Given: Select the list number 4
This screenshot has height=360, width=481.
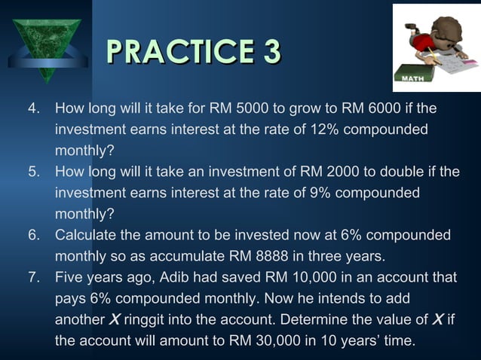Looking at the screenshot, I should point(33,109).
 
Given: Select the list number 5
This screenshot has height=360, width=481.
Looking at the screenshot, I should point(33,172).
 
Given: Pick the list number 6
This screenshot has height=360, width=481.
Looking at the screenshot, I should point(33,235).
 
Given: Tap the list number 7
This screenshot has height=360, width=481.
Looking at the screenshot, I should point(33,277).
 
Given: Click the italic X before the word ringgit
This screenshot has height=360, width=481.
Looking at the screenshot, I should point(114,319).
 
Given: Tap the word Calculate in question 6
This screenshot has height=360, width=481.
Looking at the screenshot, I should point(84,235).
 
